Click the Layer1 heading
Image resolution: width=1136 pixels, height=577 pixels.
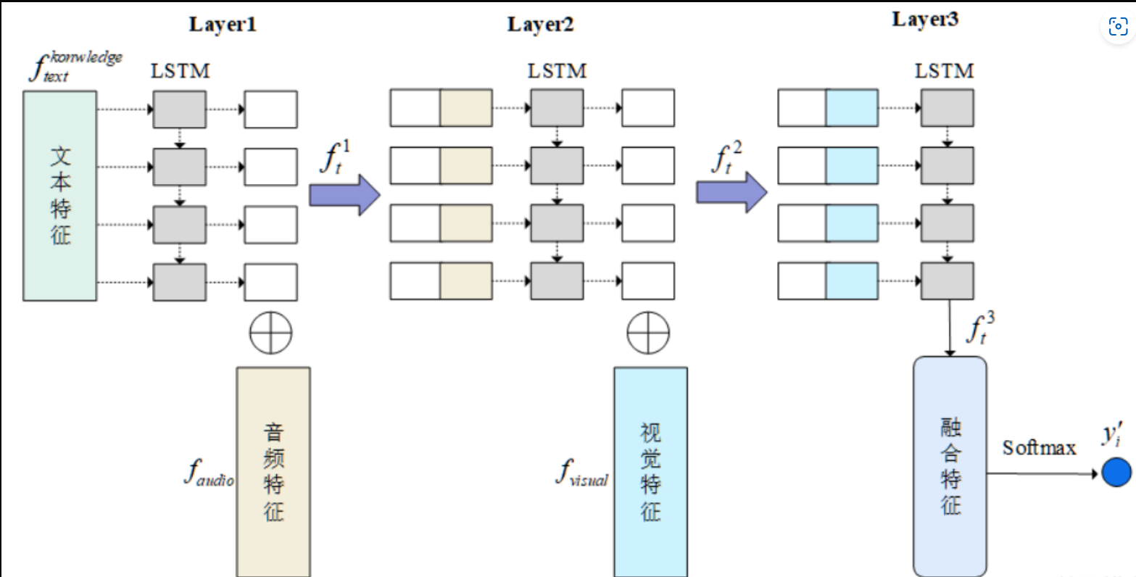[x=223, y=24]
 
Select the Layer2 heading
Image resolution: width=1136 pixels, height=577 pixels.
[x=540, y=24]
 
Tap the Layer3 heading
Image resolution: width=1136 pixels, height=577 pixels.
[x=925, y=19]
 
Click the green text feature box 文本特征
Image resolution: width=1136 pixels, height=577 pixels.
[x=60, y=196]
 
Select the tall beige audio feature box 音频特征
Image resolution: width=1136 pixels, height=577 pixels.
[x=273, y=471]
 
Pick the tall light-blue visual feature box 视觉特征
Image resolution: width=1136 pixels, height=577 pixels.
[x=650, y=471]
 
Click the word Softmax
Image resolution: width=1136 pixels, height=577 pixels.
[x=1039, y=448]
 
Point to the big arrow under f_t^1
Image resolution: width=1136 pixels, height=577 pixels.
[x=344, y=195]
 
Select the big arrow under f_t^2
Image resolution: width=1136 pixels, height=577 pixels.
[x=731, y=193]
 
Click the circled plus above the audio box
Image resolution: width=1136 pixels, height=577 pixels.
[x=270, y=333]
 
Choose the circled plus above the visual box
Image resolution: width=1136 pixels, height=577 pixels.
[x=648, y=333]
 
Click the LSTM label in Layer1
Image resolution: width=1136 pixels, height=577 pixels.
[x=180, y=71]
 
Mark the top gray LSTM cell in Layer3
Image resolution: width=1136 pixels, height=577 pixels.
[x=947, y=109]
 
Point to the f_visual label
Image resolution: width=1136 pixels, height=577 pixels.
[x=582, y=473]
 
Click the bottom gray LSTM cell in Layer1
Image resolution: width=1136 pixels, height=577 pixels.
[x=179, y=282]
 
